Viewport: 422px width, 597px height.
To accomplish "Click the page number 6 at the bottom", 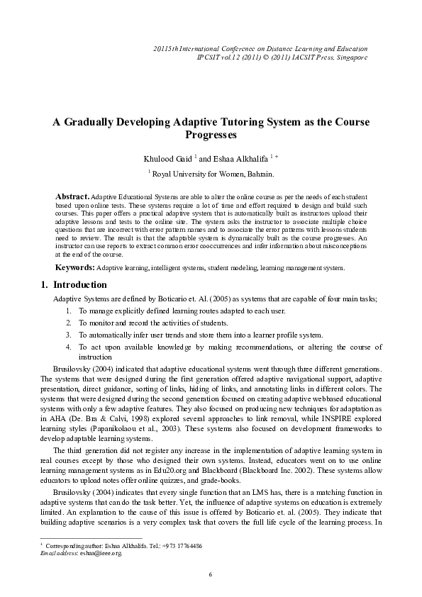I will click(211, 574).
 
